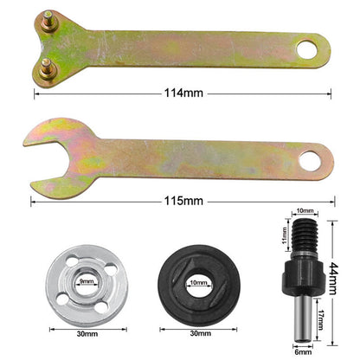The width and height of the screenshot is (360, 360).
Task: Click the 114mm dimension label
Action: pos(181,93)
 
